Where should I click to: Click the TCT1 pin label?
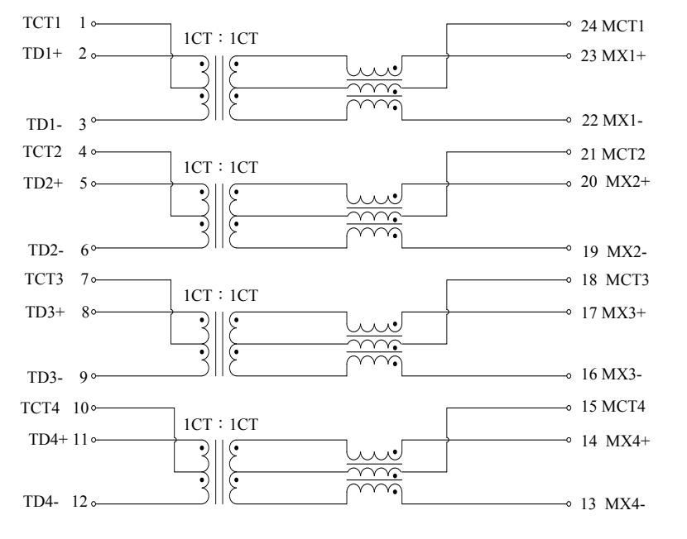41,23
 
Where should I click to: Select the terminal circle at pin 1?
94,24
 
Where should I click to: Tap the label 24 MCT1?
613,26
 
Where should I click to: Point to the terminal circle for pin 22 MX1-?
569,120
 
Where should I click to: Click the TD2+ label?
43,183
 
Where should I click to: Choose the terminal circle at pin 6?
94,248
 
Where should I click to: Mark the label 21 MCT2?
613,154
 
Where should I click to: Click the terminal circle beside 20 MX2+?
569,184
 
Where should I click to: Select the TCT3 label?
44,279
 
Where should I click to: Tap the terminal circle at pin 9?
94,376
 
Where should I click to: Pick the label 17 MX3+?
613,312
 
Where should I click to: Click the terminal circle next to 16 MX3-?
569,376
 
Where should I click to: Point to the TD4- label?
41,501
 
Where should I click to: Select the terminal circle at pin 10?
94,408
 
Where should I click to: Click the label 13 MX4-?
613,504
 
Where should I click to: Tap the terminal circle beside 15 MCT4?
569,408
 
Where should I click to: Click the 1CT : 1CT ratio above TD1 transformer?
221,39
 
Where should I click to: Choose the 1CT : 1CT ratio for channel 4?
221,424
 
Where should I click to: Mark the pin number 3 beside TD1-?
83,124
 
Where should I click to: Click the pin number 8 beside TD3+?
85,312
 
